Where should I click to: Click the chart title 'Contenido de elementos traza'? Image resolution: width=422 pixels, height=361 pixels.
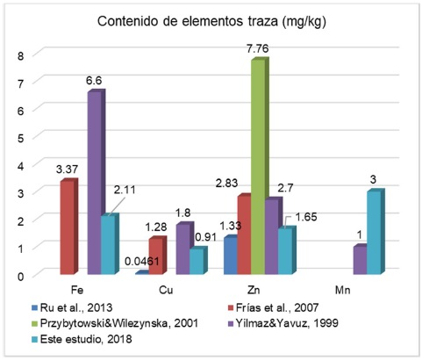[210, 20]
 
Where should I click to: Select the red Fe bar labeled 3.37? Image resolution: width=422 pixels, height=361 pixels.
[68, 229]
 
